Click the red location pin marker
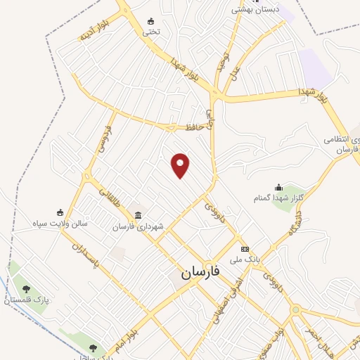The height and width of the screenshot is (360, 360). [181, 165]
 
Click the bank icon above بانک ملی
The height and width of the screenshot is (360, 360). [245, 250]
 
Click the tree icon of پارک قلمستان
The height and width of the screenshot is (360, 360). [26, 289]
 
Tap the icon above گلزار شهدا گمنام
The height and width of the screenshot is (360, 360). [278, 187]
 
